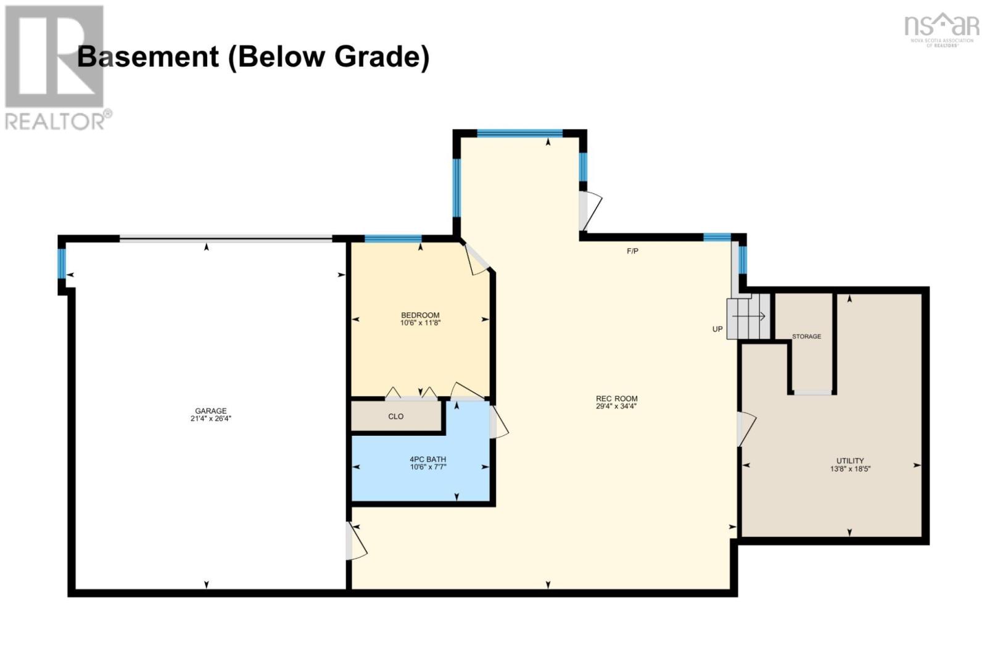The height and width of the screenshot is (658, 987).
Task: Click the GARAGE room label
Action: pyautogui.click(x=210, y=410)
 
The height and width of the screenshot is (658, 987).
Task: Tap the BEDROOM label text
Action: pyautogui.click(x=420, y=315)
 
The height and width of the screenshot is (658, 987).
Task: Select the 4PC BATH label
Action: pyautogui.click(x=428, y=459)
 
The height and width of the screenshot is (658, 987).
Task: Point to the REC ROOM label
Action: pyautogui.click(x=616, y=399)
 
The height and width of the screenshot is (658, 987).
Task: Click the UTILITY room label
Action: pyautogui.click(x=850, y=461)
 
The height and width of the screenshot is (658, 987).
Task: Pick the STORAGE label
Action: pyautogui.click(x=806, y=336)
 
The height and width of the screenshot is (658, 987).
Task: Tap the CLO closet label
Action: pyautogui.click(x=395, y=416)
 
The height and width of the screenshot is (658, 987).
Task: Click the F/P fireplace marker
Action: pyautogui.click(x=632, y=251)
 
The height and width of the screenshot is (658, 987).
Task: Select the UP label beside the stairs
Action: pyautogui.click(x=717, y=329)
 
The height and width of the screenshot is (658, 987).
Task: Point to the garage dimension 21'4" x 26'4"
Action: pyautogui.click(x=210, y=419)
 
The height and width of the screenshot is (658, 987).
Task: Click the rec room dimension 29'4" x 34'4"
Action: pyautogui.click(x=616, y=406)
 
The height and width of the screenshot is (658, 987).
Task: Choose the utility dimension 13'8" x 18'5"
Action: pyautogui.click(x=850, y=469)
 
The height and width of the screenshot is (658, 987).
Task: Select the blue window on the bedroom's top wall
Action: pyautogui.click(x=392, y=239)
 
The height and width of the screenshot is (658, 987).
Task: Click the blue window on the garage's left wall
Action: pyautogui.click(x=62, y=264)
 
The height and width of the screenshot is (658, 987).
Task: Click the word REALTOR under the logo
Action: pyautogui.click(x=55, y=121)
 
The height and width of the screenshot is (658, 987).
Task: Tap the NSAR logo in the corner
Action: pyautogui.click(x=941, y=30)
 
